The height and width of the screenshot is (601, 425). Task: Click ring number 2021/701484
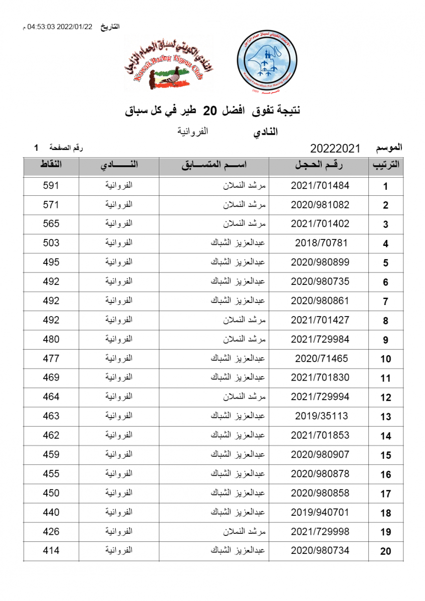click(320, 185)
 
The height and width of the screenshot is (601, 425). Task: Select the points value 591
click(51, 185)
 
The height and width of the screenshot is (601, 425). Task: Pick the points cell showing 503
click(51, 243)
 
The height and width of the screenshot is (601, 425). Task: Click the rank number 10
click(385, 359)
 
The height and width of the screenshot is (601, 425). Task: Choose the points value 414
click(51, 550)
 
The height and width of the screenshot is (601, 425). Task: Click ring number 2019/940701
click(320, 512)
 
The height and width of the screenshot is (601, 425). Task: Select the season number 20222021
click(335, 148)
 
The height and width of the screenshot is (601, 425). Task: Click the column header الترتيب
click(386, 166)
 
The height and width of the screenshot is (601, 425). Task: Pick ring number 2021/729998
click(320, 531)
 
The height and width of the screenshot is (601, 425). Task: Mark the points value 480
click(51, 339)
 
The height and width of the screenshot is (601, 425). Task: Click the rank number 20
click(385, 551)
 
